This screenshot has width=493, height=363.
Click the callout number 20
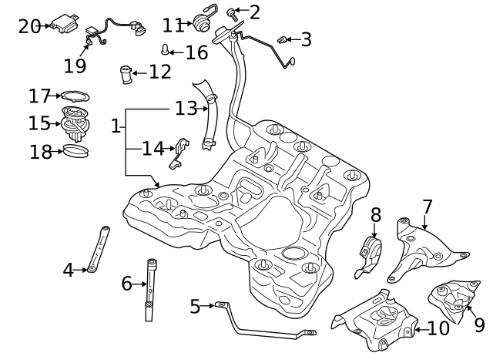[x=29, y=26]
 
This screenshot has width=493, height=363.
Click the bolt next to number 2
[x=232, y=12]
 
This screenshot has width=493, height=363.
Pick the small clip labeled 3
[x=282, y=37]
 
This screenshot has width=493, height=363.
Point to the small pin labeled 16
[x=166, y=51]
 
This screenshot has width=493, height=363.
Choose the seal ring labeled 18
[x=74, y=151]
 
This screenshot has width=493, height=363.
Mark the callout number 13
[x=186, y=109]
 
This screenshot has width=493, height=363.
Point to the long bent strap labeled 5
[x=262, y=328]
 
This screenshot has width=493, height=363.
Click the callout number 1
[x=116, y=126]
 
